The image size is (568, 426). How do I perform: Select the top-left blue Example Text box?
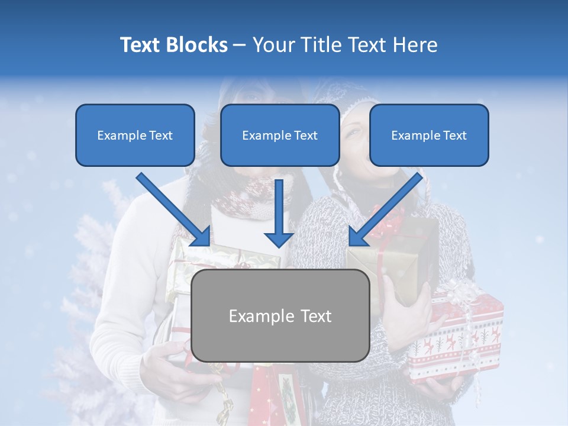[x=135, y=135]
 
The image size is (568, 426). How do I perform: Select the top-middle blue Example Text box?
[x=280, y=135]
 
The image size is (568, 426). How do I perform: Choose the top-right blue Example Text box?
[x=429, y=135]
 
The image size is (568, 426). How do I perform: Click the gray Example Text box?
[x=280, y=315]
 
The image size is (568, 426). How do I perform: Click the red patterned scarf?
[x=248, y=198]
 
